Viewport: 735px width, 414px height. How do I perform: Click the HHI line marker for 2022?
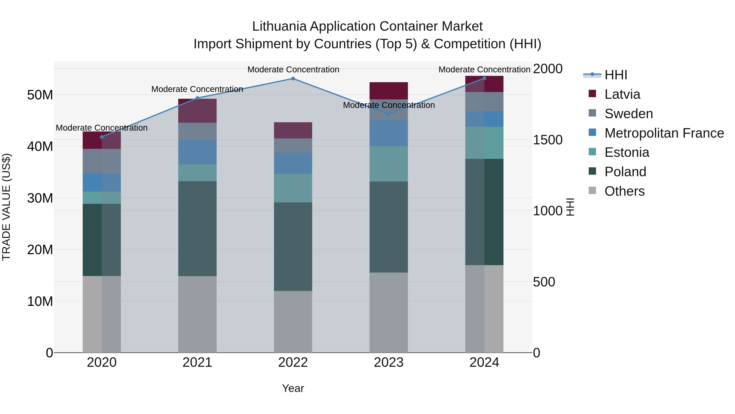click(293, 79)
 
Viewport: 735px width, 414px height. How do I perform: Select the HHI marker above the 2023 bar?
click(389, 114)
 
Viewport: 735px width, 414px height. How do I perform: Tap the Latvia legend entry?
click(622, 94)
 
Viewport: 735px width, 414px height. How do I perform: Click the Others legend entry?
click(624, 191)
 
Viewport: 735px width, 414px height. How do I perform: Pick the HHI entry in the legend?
click(616, 75)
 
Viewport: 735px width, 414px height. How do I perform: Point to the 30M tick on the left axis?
click(40, 198)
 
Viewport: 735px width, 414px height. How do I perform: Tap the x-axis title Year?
click(293, 388)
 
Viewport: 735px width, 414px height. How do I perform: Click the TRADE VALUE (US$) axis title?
click(7, 207)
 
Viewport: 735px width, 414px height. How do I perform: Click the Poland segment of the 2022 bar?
click(293, 247)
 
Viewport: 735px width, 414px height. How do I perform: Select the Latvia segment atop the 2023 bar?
click(389, 91)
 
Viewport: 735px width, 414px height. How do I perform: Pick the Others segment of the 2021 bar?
click(197, 314)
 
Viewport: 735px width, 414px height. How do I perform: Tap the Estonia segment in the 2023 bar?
click(389, 164)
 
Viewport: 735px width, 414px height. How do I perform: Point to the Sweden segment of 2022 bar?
click(293, 145)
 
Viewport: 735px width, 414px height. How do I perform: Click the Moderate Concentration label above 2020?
click(102, 128)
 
